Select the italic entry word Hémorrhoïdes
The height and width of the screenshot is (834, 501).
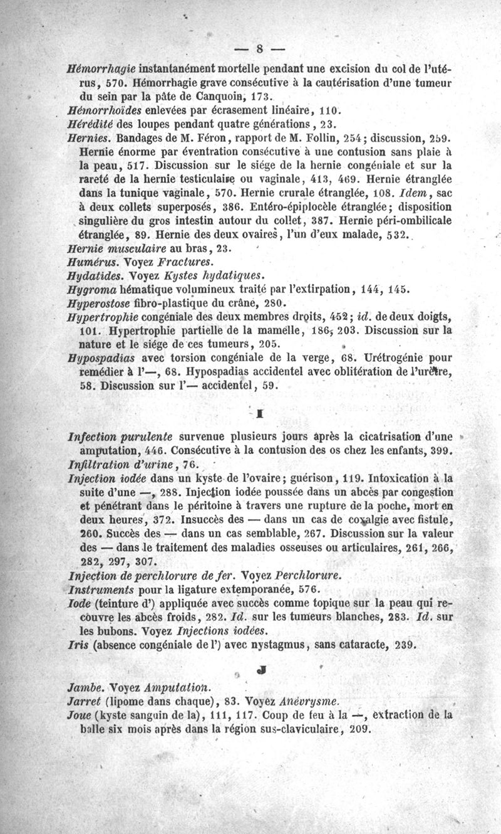point(101,110)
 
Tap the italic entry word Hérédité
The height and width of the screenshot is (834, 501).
point(90,124)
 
